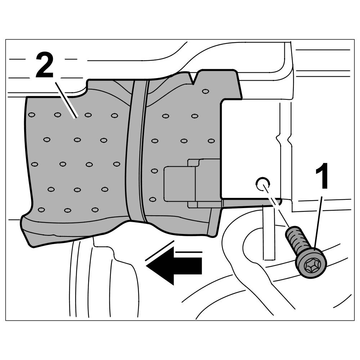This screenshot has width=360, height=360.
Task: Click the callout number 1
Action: [321, 177]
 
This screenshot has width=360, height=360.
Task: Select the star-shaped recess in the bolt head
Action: [310, 266]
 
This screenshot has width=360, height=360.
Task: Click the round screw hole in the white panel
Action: [262, 183]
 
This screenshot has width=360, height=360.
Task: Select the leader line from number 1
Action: [318, 220]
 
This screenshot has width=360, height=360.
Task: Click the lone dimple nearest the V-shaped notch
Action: [205, 91]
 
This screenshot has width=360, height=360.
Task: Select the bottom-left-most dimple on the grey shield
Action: [41, 210]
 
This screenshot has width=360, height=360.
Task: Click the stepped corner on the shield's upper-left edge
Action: [86, 90]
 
